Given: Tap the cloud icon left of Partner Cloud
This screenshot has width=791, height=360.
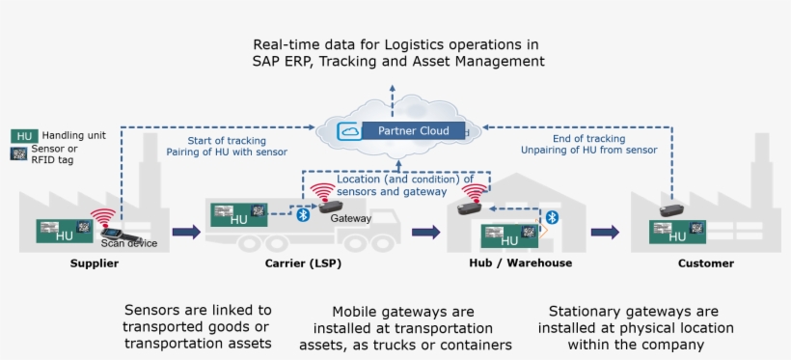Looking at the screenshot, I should click(x=348, y=130).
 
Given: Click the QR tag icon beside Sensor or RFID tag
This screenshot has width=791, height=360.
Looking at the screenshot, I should click(x=18, y=154).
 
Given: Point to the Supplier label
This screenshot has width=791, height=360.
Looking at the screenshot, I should click(x=94, y=263).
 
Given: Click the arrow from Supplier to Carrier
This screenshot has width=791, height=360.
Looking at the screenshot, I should click(x=186, y=232).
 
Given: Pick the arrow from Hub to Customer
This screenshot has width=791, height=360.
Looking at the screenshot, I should click(x=605, y=232).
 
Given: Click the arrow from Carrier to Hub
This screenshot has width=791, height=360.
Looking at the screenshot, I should click(x=425, y=232).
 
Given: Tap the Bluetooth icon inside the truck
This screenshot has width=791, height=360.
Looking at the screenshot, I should click(x=302, y=214).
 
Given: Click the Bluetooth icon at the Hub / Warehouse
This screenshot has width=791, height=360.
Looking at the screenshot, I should click(x=552, y=217).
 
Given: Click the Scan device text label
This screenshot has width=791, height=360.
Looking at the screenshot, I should click(x=128, y=243).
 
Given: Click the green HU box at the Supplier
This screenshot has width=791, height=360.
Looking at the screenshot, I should click(x=63, y=232).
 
